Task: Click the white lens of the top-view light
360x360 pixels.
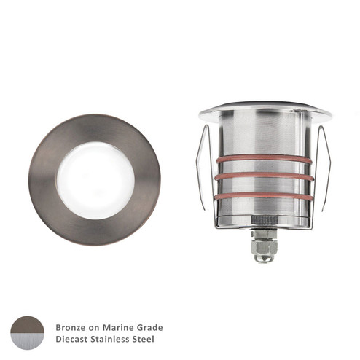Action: (95, 178)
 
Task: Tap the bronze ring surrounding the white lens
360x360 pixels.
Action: (44, 178)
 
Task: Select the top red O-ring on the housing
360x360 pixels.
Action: (264, 159)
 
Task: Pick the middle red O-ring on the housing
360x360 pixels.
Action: (264, 177)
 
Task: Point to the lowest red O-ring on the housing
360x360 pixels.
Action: (264, 195)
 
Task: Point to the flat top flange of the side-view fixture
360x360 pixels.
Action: (265, 111)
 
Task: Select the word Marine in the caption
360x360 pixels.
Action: (117, 327)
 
